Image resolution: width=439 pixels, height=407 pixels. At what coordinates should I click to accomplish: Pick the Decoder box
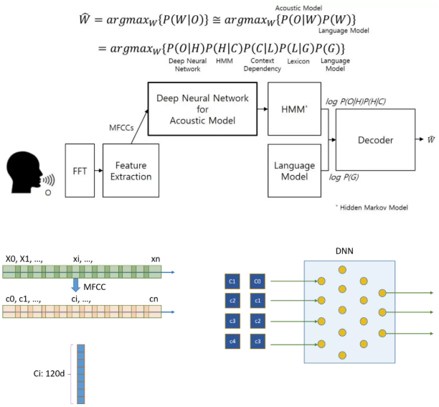click(x=375, y=140)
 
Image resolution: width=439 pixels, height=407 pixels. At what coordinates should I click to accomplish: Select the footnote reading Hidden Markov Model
click(x=373, y=207)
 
